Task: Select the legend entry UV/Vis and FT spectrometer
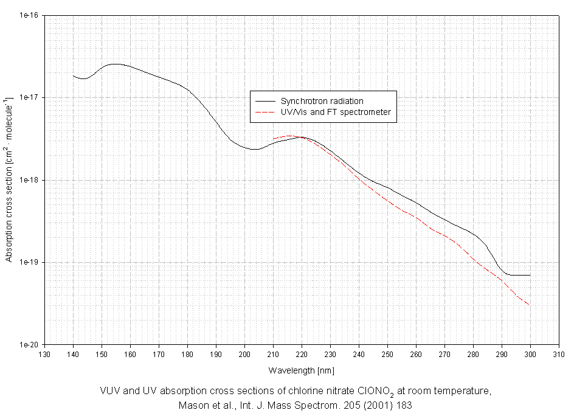(335, 113)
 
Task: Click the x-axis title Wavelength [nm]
(302, 370)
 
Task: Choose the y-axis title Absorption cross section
(9, 180)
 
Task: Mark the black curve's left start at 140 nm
(74, 76)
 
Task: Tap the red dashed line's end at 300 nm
(530, 305)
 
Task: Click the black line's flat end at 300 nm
(530, 275)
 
